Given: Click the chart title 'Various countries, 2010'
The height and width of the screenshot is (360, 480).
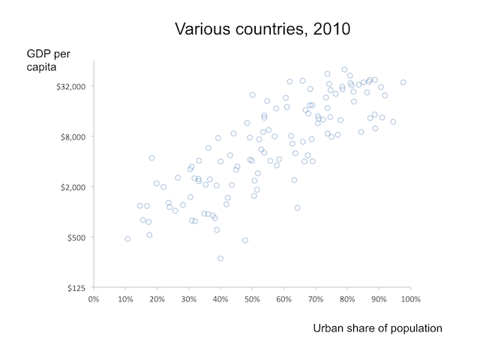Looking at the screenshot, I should (x=262, y=29).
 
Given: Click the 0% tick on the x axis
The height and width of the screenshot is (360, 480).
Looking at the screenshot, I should (x=94, y=299).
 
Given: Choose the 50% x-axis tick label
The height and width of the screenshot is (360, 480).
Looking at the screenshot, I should (x=252, y=299).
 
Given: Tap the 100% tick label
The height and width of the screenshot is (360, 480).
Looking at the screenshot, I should (x=410, y=299).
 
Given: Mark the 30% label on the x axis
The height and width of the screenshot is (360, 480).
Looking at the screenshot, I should (x=189, y=299).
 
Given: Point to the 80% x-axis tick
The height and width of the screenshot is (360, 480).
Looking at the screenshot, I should (x=347, y=299).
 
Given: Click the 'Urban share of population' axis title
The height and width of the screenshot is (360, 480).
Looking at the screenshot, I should (x=377, y=328).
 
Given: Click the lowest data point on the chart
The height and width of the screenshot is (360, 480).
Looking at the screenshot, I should (x=220, y=258).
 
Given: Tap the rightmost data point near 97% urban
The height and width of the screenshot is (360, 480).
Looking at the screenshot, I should (x=403, y=82).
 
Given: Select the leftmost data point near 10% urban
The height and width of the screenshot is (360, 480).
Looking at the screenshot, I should (x=127, y=238).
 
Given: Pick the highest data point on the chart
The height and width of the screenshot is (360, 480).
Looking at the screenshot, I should (x=345, y=70).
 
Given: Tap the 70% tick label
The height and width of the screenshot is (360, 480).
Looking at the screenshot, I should (x=316, y=299).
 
